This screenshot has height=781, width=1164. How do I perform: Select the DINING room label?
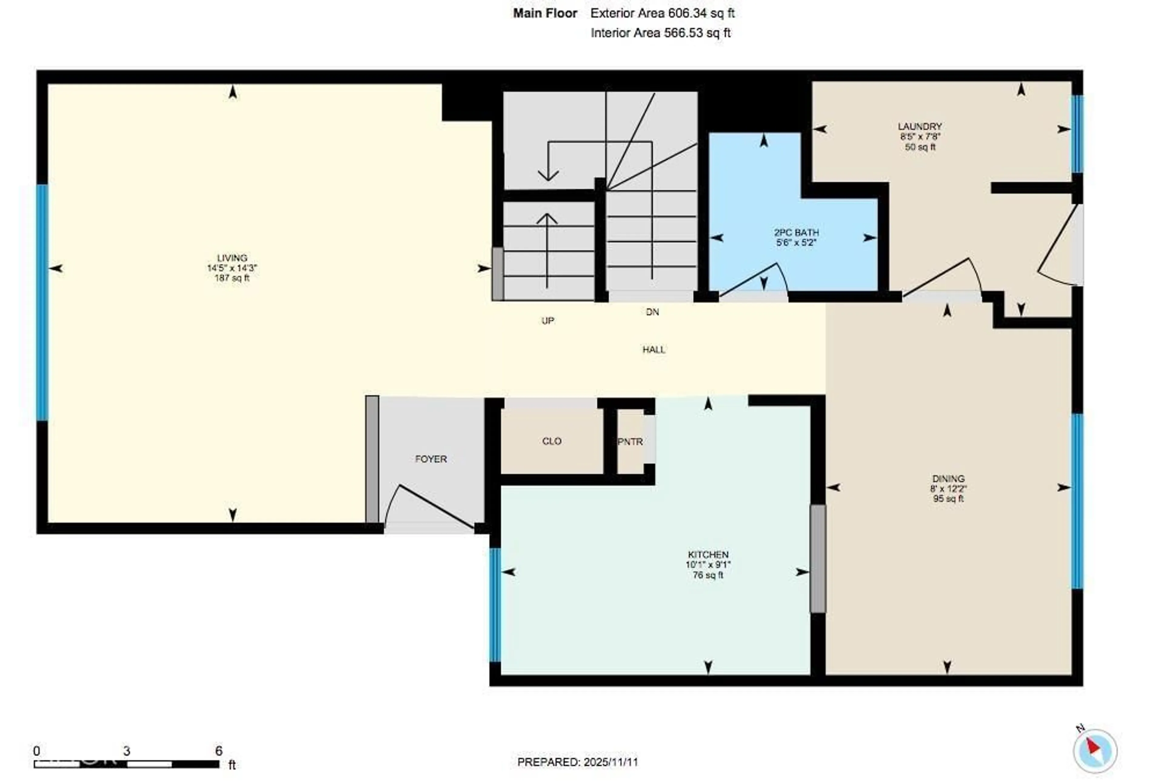pos(948,479)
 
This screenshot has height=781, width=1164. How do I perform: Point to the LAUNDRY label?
pos(920,127)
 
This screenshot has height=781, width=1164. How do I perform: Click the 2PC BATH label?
pos(796,233)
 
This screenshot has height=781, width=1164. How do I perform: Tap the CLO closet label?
pos(552,441)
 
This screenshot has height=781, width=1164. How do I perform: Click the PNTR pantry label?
pos(630,442)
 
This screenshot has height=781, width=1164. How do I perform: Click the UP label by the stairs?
pos(548,321)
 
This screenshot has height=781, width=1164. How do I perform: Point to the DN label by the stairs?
pos(652,312)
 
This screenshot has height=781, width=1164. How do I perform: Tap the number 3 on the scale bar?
pos(127,751)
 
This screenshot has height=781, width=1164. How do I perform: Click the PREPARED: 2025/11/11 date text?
pos(577,762)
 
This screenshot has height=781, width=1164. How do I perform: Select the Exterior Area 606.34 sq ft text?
pos(662,13)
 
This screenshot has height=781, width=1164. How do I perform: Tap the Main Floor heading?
pos(545,13)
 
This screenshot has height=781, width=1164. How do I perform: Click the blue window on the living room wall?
pos(42,302)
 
